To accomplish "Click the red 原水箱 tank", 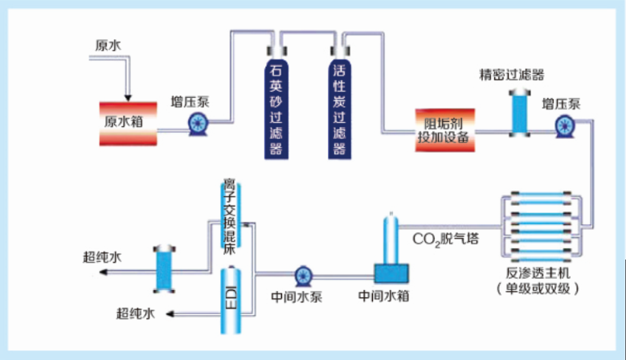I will click(x=128, y=123).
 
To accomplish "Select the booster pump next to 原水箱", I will click(x=197, y=123).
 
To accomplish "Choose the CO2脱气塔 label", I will click(x=444, y=239).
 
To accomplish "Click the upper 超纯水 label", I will click(x=102, y=258).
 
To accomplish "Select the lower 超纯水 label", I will click(x=135, y=313).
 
